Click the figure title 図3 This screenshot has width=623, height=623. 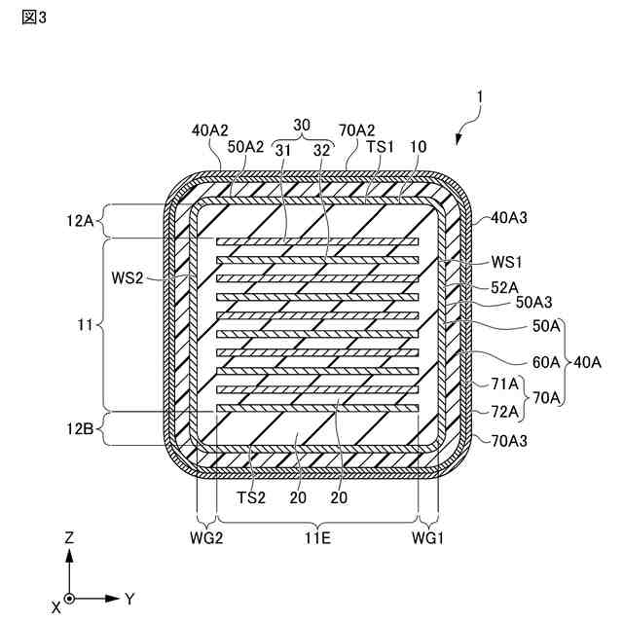pyautogui.click(x=32, y=18)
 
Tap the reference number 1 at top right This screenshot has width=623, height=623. pyautogui.click(x=478, y=97)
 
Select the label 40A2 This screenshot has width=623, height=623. pyautogui.click(x=210, y=130)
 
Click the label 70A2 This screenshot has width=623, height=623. pyautogui.click(x=357, y=130)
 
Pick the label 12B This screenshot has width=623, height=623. pyautogui.click(x=82, y=426)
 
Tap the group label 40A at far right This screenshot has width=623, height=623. pyautogui.click(x=587, y=362)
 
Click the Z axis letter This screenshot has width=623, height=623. pyautogui.click(x=69, y=537)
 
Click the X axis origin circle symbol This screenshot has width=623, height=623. pyautogui.click(x=69, y=597)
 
